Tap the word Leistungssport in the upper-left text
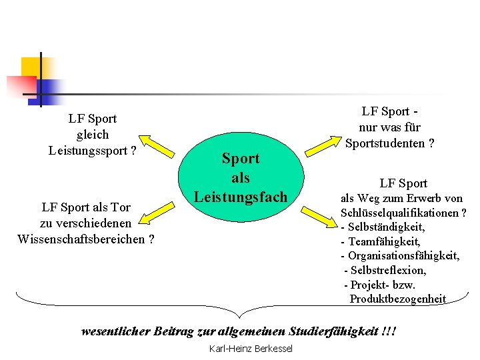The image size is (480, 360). (x=92, y=151)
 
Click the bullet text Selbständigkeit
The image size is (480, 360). (x=387, y=227)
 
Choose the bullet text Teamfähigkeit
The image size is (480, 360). (x=384, y=241)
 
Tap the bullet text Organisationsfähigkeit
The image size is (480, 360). (x=403, y=256)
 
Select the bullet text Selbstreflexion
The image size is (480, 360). (x=388, y=270)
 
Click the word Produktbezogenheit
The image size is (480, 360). (x=397, y=299)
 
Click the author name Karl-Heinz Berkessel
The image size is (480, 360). (x=251, y=349)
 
